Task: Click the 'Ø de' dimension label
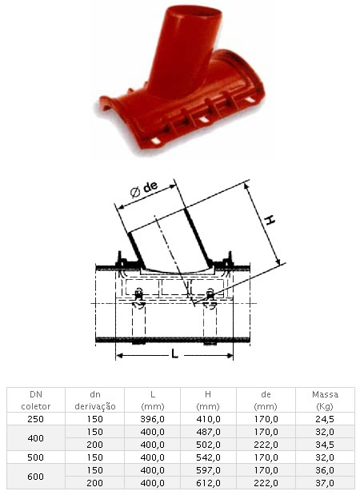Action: coord(144,189)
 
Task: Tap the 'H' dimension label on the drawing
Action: coord(270,219)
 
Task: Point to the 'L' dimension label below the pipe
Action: coord(174,354)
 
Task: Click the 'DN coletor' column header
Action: coord(36,400)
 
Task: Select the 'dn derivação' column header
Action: coord(94,400)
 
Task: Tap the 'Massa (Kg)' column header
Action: coord(325,400)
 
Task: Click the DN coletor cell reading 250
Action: coord(36,419)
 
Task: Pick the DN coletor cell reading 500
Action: coord(36,457)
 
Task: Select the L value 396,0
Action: coord(152,419)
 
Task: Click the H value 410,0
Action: coord(208,419)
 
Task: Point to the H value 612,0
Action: coord(208,483)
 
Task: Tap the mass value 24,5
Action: coord(325,419)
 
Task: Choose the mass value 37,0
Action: coord(325,483)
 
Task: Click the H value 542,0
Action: coord(208,457)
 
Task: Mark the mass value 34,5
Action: coord(325,445)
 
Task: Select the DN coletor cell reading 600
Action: coord(36,477)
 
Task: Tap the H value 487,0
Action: coord(208,432)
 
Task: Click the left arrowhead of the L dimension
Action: coord(118,356)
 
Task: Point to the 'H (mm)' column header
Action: coord(208,400)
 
